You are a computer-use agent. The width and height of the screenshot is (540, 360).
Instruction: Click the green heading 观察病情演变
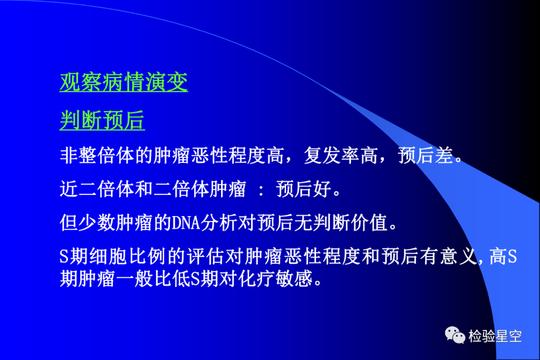pyautogui.click(x=123, y=82)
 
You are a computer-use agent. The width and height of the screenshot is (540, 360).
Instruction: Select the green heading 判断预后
pyautogui.click(x=102, y=120)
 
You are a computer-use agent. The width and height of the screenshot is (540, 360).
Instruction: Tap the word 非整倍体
pyautogui.click(x=97, y=155)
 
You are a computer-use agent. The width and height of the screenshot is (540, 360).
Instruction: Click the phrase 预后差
pyautogui.click(x=425, y=155)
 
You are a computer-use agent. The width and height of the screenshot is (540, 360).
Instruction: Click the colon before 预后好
pyautogui.click(x=261, y=190)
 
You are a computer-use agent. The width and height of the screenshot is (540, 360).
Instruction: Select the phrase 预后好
pyautogui.click(x=304, y=189)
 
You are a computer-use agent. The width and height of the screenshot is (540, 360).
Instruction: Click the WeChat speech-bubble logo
pyautogui.click(x=454, y=335)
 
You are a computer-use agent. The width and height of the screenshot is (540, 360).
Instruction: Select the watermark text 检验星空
pyautogui.click(x=495, y=336)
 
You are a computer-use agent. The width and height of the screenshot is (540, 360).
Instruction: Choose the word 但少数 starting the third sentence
pyautogui.click(x=88, y=222)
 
